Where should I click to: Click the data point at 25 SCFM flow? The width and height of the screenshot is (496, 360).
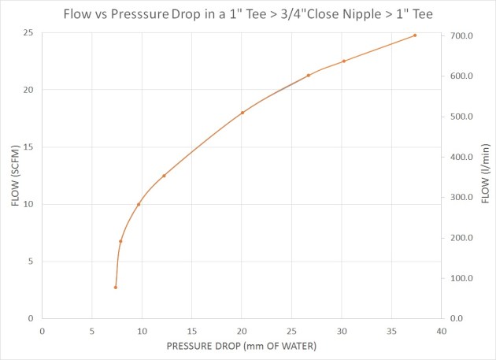click(415, 35)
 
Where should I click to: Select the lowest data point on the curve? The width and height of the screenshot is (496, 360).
click(115, 288)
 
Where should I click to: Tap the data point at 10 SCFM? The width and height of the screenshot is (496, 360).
click(139, 205)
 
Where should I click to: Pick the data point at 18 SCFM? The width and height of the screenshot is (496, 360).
click(242, 113)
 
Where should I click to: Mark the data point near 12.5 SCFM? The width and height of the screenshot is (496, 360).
click(164, 176)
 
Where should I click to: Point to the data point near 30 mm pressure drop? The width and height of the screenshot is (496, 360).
click(344, 61)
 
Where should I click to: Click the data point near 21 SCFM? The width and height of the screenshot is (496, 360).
click(309, 76)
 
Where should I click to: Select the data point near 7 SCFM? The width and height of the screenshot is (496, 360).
click(120, 241)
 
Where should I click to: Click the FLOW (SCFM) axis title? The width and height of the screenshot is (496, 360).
click(15, 177)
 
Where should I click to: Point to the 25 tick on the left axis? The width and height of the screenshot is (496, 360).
click(28, 33)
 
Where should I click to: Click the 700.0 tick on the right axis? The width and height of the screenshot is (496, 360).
click(460, 36)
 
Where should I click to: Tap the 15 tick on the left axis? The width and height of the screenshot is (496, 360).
click(28, 147)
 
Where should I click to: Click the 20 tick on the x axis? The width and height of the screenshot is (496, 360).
click(242, 332)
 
